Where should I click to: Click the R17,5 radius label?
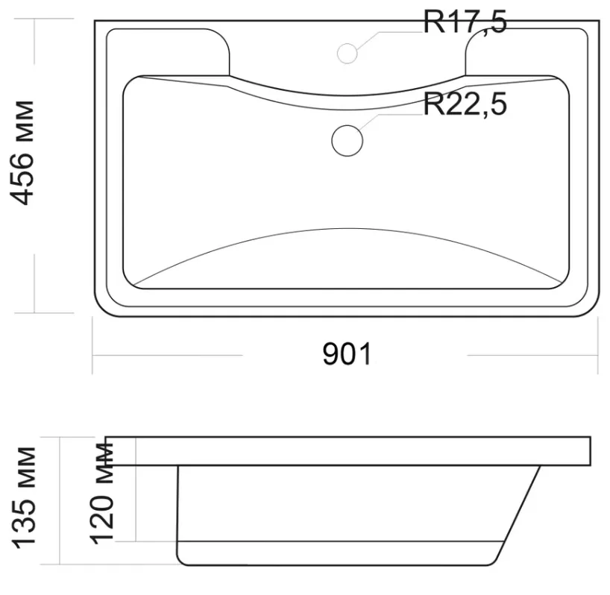(465, 22)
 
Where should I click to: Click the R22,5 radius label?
(465, 104)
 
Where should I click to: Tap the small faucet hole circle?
(347, 53)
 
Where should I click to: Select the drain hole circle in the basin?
(347, 141)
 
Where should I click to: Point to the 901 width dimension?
(347, 354)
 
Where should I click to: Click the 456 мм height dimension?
(22, 152)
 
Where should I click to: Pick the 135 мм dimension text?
(24, 498)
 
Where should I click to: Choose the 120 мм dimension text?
(102, 493)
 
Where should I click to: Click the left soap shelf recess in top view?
(168, 52)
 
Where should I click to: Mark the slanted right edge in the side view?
(517, 515)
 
